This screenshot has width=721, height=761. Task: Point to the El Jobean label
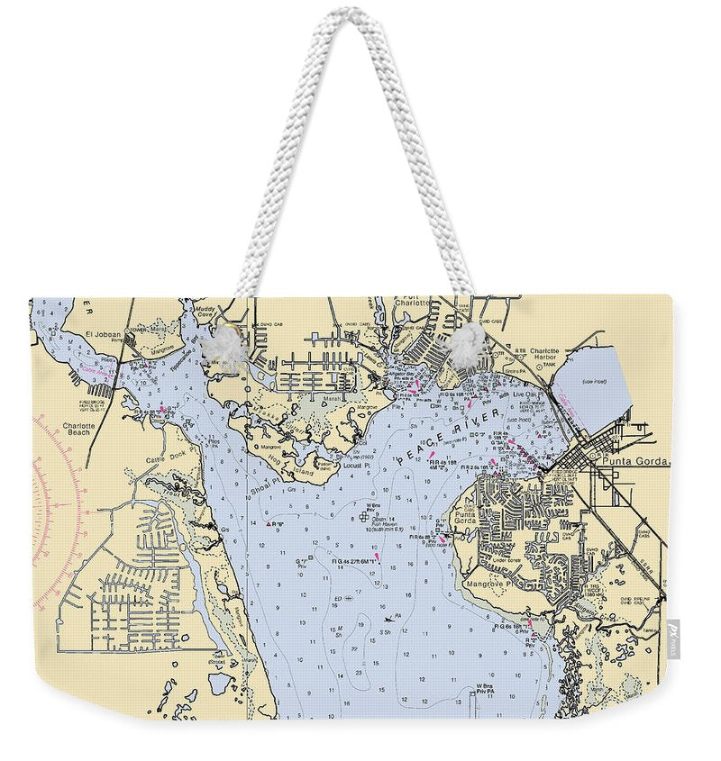[x=102, y=335]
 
